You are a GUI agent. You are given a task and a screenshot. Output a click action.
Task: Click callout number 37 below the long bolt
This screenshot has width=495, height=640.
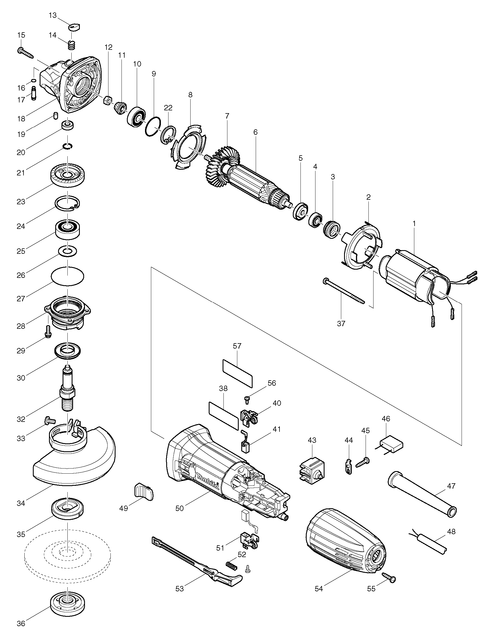341,323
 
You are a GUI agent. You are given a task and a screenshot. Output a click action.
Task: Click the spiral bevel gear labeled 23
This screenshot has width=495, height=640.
68,175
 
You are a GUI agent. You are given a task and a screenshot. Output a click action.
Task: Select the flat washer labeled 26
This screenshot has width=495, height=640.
68,251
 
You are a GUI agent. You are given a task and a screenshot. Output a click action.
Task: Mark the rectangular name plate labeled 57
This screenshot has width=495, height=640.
237,371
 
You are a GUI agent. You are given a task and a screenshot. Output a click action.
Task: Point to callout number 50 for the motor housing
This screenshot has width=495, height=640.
180,508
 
